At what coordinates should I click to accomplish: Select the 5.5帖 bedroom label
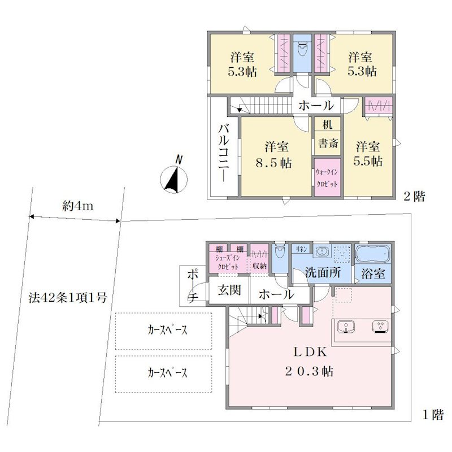pos(368,154)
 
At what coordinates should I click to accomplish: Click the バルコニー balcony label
pos(224,153)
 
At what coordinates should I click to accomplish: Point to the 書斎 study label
pos(328,144)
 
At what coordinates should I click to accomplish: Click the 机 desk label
pos(328,124)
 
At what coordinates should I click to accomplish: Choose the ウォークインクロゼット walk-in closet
pos(327,178)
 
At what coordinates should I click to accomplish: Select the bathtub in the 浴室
pos(373,254)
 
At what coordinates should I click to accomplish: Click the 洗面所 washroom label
pos(323,272)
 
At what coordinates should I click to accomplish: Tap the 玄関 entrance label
pos(229,290)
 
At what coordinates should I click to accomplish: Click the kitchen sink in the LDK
pos(346,328)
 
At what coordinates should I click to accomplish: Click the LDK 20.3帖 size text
pos(309,372)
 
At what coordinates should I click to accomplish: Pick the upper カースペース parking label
pos(167,330)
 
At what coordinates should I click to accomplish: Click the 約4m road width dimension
pos(78,206)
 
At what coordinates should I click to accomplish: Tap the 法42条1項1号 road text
pos(68,297)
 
